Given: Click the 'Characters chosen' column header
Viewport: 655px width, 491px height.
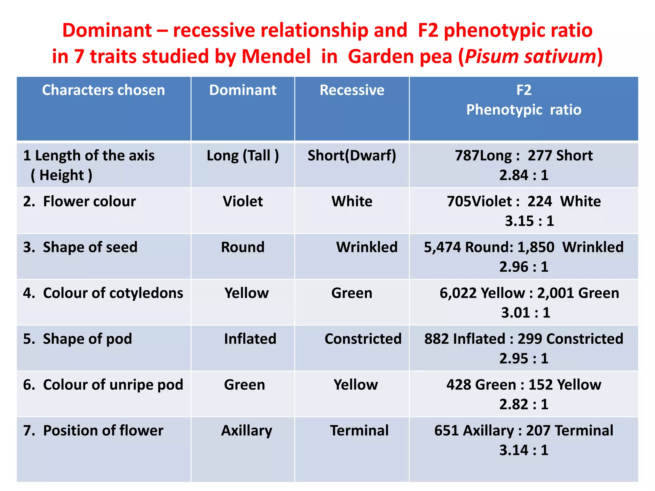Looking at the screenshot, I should [x=103, y=90].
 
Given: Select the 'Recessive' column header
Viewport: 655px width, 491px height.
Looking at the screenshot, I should [x=352, y=90].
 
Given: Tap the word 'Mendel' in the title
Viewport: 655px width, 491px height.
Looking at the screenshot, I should [x=276, y=56].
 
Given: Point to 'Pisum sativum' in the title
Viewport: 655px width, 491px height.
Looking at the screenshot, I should [x=530, y=56].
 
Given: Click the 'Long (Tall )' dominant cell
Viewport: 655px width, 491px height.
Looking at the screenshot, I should [x=243, y=156].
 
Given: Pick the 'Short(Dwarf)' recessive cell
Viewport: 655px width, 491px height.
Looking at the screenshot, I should [x=352, y=156].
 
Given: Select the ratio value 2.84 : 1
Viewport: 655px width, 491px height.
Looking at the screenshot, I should [x=524, y=175].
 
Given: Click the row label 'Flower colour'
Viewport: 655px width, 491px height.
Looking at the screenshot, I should [x=89, y=201].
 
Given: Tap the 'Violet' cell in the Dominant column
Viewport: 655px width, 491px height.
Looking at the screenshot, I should [x=243, y=201].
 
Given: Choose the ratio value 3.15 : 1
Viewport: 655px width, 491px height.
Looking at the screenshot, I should [x=529, y=221].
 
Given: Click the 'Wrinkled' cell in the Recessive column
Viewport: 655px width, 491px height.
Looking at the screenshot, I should [x=367, y=247].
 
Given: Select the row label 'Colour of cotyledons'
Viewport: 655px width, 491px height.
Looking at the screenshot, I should [x=113, y=293].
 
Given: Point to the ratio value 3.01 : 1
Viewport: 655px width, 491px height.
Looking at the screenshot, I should [x=525, y=313].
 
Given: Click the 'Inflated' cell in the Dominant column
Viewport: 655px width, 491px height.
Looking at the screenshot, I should [x=250, y=339].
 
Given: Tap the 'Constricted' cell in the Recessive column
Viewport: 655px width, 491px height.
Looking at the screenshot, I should [x=363, y=339].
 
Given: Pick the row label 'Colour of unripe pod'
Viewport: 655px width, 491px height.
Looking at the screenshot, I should [x=113, y=385].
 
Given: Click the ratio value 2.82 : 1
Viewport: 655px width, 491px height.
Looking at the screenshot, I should [x=524, y=404].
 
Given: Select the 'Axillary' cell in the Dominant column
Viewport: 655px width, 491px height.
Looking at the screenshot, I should [x=247, y=431].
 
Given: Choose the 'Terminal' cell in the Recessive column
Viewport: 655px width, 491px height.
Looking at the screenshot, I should [x=359, y=431].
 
